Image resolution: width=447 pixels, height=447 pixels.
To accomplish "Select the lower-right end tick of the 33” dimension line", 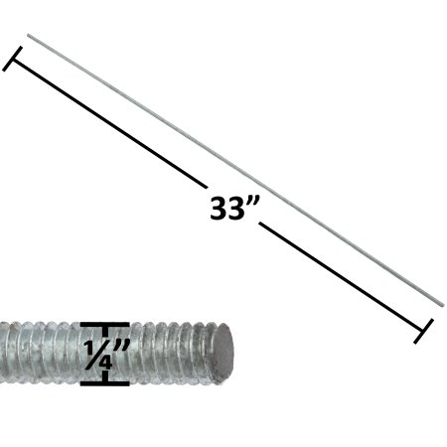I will (425, 330).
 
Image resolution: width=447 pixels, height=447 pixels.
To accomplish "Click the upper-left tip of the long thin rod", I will (29, 37).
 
